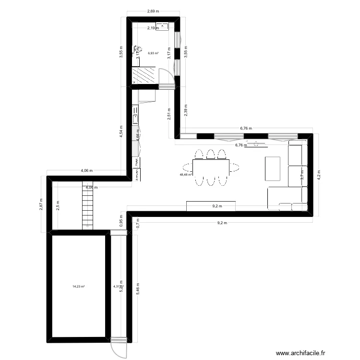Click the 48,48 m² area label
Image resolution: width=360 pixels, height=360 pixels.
pos(185,175)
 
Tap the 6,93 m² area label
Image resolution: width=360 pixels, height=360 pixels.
pos(153,53)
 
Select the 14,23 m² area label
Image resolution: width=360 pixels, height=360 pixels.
pos(78,287)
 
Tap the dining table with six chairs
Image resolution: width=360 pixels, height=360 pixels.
pos(211,167)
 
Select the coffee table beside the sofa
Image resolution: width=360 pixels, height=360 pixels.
pos(272,168)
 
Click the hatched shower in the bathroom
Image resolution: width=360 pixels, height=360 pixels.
pos(144,75)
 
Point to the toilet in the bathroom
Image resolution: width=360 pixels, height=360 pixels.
pos(137,50)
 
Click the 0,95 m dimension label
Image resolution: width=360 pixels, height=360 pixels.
pos(121,219)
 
